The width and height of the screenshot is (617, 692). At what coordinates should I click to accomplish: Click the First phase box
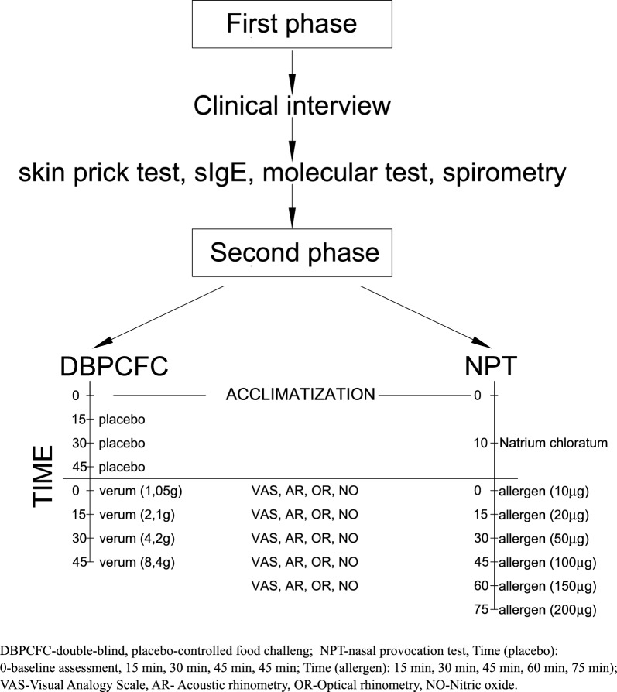tap(292, 26)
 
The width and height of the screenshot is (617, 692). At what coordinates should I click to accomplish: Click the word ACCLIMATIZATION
tap(290, 395)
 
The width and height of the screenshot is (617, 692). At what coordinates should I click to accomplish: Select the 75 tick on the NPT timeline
tap(482, 610)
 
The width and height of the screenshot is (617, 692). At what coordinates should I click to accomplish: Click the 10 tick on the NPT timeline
tap(482, 443)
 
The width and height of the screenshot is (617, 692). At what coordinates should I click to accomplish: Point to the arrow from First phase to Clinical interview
tap(291, 69)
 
